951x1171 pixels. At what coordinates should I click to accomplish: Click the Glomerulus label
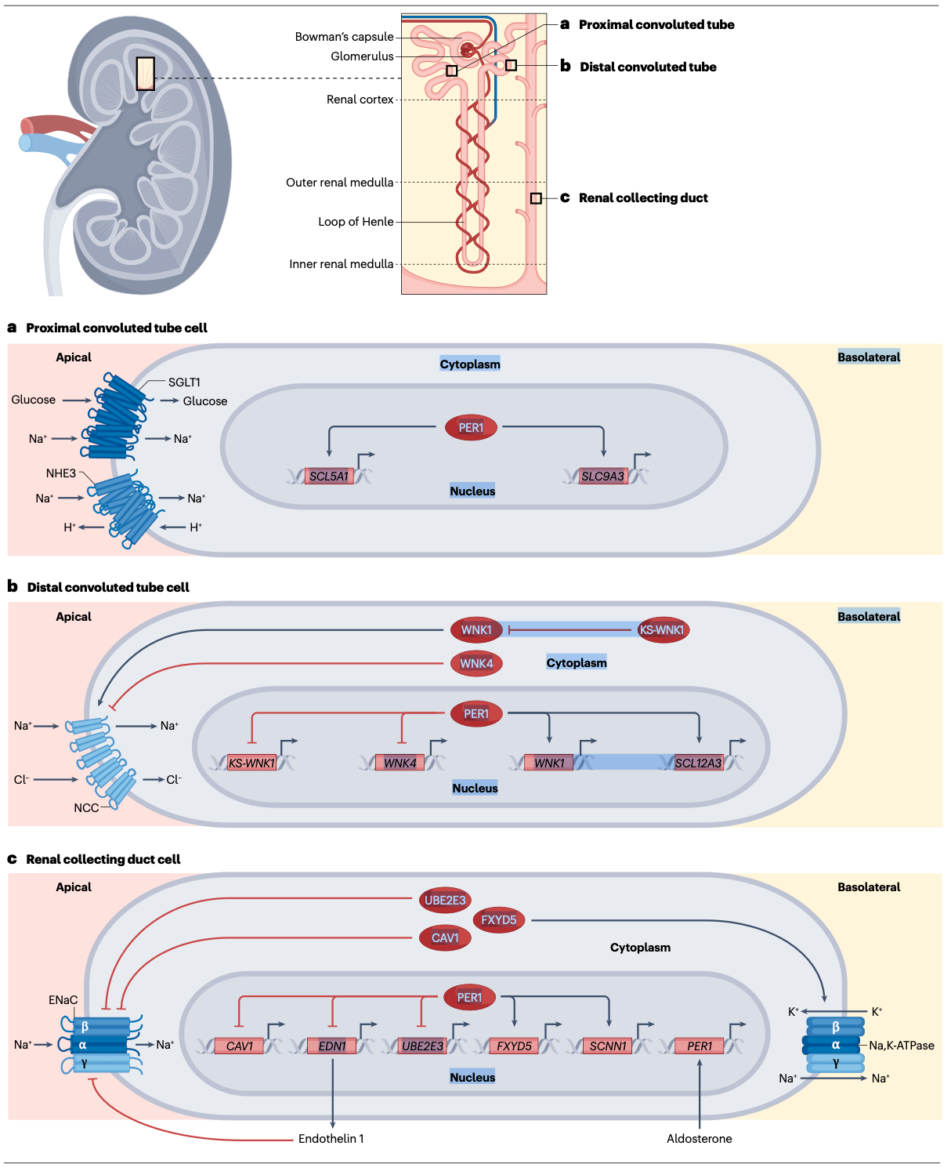[x=361, y=56]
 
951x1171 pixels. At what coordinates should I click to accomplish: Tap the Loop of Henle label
[x=356, y=222]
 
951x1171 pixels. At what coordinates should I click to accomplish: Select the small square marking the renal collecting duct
[x=536, y=198]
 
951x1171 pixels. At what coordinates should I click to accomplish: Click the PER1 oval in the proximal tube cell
[x=471, y=427]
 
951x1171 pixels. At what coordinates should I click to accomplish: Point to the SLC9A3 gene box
[x=602, y=476]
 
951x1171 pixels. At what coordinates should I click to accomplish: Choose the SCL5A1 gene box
[x=328, y=476]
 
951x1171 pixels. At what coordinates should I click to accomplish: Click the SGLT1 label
[x=184, y=382]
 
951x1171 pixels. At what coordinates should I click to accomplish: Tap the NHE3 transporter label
[x=61, y=473]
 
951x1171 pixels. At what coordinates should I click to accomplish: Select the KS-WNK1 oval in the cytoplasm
[x=662, y=630]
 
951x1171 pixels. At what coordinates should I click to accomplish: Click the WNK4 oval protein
[x=476, y=664]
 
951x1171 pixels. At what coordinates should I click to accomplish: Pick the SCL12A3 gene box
[x=698, y=763]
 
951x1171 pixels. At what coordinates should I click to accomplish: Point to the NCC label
[x=86, y=807]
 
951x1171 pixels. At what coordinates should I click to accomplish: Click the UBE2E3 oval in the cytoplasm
[x=445, y=900]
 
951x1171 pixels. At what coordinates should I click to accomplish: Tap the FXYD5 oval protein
[x=499, y=919]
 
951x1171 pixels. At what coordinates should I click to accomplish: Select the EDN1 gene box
[x=332, y=1046]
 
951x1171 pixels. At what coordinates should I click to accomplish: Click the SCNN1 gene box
[x=608, y=1046]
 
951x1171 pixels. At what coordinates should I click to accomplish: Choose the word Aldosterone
[x=699, y=1138]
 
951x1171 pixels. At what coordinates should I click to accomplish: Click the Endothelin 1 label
[x=331, y=1138]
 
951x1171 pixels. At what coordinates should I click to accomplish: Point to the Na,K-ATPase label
[x=901, y=1045]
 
